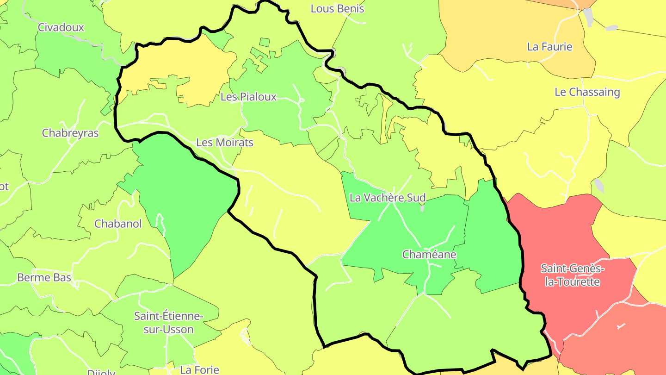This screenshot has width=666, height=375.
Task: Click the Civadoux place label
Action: coord(61,27)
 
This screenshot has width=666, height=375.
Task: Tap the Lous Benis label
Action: coord(337,9)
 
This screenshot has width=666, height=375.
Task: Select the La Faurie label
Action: coord(549,47)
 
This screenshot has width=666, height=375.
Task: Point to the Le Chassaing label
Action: coord(587,92)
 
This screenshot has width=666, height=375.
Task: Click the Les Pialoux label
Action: coord(248,97)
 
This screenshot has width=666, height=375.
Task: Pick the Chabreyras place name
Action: coord(70,133)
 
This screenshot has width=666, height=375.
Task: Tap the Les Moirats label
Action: coord(225,143)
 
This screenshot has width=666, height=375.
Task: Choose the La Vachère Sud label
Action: coord(388,198)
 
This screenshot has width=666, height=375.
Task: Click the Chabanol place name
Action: coord(118,224)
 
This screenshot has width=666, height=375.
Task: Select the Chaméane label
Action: coord(429,255)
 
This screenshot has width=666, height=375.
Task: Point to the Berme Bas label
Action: coord(44,278)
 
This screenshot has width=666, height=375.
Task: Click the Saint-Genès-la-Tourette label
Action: coord(573,275)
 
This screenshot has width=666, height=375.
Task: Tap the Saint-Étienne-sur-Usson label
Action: coord(168,323)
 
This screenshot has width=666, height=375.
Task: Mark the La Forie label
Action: coord(200,370)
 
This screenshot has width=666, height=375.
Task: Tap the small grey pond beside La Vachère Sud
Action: coord(423,208)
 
